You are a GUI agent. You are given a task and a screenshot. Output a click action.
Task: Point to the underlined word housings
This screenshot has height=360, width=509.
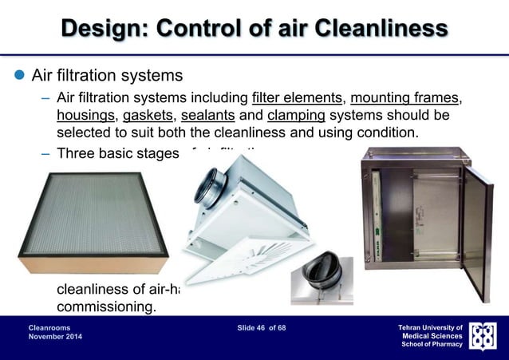(85, 116)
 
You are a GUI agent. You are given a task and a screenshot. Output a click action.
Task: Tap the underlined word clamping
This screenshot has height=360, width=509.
(296, 116)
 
